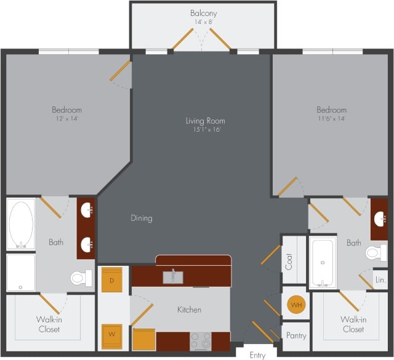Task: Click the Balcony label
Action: [203, 13]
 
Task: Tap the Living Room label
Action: [205, 121]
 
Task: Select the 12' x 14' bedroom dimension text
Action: [66, 118]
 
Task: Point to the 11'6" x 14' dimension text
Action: [332, 118]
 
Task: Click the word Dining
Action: [141, 218]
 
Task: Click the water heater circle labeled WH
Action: [295, 305]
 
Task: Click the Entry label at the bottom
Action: [258, 355]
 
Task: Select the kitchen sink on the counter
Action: [173, 277]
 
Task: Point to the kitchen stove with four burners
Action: [200, 340]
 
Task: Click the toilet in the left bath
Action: [78, 278]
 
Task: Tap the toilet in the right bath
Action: [374, 253]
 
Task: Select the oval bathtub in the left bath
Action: [22, 225]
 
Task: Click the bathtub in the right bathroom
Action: [323, 262]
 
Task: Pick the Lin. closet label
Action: [380, 279]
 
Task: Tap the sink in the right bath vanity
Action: [380, 218]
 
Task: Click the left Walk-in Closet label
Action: [49, 324]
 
